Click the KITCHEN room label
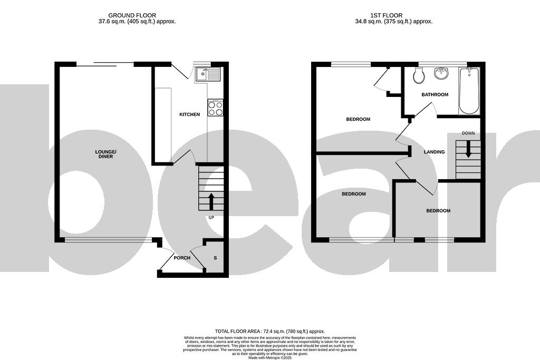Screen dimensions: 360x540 pos(189,114)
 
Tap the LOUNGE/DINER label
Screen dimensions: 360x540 pos(105,154)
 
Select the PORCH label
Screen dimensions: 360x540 pos(182,258)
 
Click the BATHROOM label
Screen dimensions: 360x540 pos(435,95)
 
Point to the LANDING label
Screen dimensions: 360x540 pos(434,152)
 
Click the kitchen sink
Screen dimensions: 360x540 pos(209,74)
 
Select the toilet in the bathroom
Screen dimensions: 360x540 pos(419,77)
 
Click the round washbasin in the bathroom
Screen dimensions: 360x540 pos(441,74)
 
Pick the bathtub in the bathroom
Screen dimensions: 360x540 pos(469,91)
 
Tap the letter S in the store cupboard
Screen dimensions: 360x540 pos(215,258)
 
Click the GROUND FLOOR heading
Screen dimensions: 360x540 pos(132,15)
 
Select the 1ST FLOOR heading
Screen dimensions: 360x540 pos(394,15)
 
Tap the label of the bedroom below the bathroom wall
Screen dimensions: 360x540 pos(358,119)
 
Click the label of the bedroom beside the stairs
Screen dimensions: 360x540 pos(438,211)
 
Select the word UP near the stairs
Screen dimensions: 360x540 pos(211,218)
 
